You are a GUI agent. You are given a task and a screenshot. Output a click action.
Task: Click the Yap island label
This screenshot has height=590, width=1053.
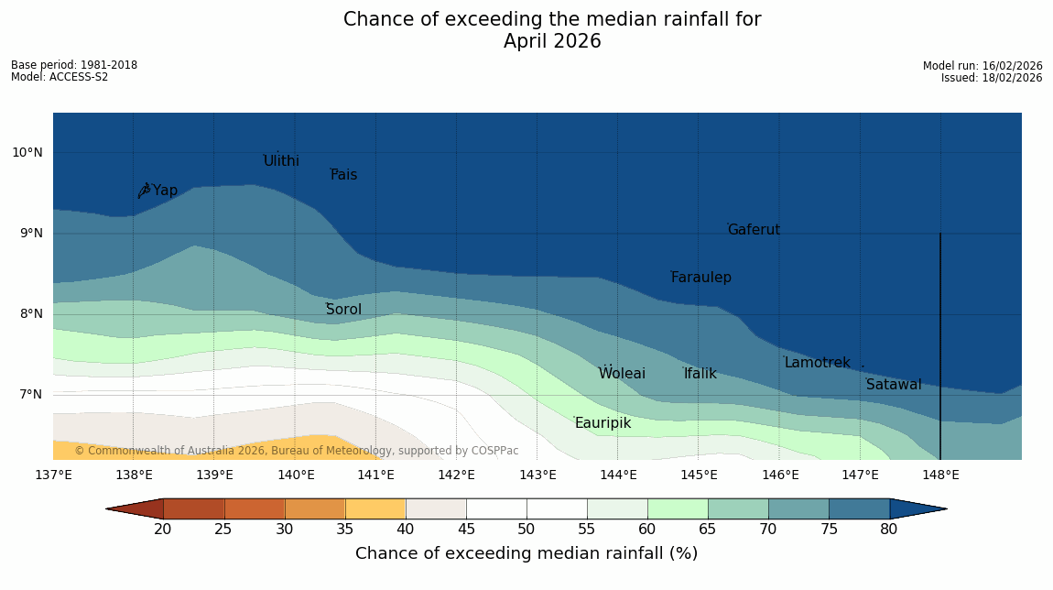tap(165, 191)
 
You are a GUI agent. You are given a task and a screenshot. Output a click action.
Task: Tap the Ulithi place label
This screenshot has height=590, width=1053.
tap(281, 160)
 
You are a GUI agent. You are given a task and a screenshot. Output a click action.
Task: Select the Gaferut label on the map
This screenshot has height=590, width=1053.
tap(754, 230)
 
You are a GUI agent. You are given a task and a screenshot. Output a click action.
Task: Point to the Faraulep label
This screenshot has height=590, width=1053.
tap(701, 277)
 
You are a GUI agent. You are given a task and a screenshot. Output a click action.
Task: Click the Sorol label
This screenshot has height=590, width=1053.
tap(344, 309)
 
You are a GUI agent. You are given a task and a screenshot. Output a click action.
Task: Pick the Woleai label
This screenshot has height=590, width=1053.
tap(622, 373)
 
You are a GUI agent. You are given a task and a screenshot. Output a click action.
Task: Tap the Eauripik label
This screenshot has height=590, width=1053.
tap(603, 423)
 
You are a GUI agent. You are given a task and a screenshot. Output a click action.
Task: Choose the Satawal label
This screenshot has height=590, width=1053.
tap(894, 385)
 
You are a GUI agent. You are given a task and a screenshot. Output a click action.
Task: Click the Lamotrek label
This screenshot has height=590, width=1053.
tap(818, 363)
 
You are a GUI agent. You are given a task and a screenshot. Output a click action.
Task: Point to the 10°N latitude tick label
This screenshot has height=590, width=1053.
tap(27, 153)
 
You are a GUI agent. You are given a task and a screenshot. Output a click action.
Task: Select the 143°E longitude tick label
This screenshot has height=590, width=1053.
tap(537, 475)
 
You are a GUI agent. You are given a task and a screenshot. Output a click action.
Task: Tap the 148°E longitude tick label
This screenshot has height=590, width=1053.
tap(940, 475)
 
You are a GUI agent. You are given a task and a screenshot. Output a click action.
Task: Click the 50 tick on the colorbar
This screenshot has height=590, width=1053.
tap(526, 530)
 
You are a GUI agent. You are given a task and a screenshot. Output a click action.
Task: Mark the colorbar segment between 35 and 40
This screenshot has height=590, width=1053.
tap(375, 508)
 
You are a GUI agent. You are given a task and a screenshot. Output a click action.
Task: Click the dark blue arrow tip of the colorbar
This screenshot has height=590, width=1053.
tap(947, 508)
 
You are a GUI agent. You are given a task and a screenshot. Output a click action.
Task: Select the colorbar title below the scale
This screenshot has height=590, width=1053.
tap(526, 553)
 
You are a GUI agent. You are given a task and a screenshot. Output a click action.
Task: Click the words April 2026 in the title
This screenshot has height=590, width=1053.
tap(552, 41)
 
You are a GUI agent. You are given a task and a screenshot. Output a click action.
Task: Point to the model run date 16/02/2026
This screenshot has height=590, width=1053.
tap(1012, 66)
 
